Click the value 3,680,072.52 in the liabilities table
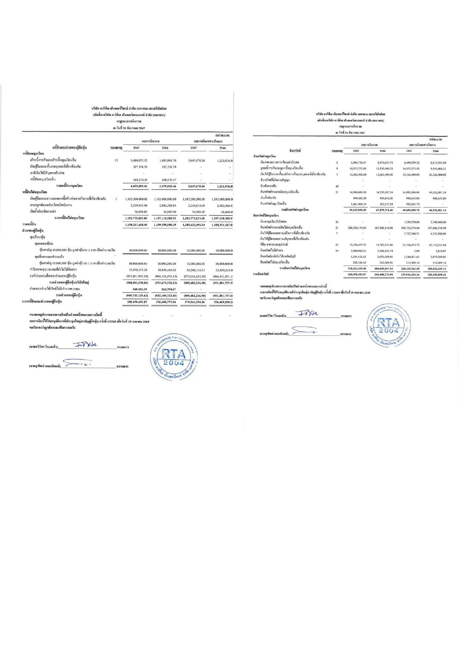pos(139,160)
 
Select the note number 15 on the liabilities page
pos(116,160)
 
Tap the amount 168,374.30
pos(139,180)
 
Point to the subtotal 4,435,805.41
pos(139,186)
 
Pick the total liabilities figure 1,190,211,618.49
pos(136,225)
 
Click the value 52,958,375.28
pos(138,270)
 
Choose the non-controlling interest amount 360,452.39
pos(140,289)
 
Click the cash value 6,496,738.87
pos(358,162)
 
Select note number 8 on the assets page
pos(337,162)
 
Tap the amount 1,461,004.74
pos(358,204)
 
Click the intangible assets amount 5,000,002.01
pos(358,251)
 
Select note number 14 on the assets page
pos(337,251)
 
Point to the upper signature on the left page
pos(86,345)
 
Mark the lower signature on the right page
pos(305,331)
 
